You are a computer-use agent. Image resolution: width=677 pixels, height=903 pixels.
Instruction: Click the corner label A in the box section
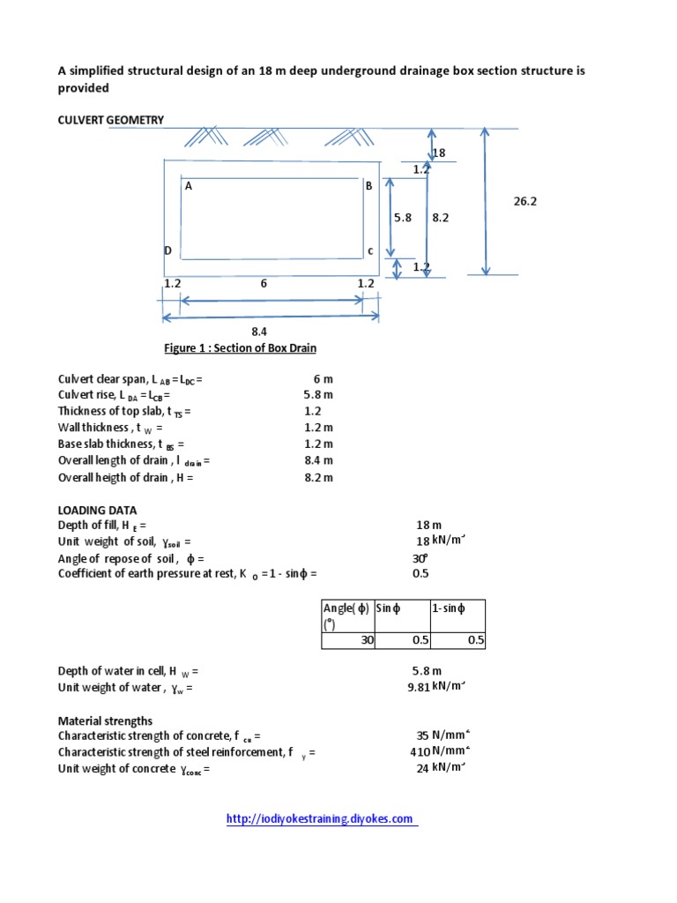point(189,186)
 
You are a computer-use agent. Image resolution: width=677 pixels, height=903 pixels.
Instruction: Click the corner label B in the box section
point(369,186)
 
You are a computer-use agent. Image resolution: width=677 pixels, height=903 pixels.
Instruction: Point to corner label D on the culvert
point(167,250)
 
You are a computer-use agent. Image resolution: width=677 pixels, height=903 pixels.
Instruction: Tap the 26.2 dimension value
point(525,201)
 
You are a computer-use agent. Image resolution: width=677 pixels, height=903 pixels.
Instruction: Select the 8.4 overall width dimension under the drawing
point(258,332)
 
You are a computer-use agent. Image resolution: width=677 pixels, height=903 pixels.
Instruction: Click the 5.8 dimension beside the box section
point(403,218)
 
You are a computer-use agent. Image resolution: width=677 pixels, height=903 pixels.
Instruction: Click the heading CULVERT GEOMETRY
point(111,120)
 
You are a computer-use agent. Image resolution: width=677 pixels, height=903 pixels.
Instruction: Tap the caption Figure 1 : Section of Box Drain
point(241,348)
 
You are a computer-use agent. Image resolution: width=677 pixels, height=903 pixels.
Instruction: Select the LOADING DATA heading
point(97,510)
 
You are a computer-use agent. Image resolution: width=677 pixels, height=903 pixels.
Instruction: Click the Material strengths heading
point(105,720)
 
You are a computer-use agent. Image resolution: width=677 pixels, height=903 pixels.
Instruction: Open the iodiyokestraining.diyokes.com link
point(320,819)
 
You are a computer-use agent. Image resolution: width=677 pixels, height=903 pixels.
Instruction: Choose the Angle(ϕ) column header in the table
point(347,616)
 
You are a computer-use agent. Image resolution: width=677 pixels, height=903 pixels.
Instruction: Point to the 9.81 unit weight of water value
point(417,689)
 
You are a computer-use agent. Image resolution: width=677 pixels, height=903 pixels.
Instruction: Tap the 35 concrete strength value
point(422,735)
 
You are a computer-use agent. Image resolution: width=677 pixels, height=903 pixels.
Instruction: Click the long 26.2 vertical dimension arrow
point(484,201)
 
